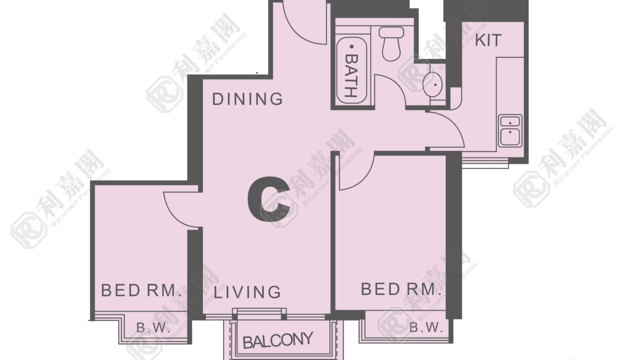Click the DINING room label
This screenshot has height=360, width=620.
pos(247,99)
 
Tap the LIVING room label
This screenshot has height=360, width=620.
pos(247,292)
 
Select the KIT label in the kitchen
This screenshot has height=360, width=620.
pos(488,40)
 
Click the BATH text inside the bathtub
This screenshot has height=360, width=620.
pos(351,75)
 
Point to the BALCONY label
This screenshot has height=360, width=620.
pos(278,340)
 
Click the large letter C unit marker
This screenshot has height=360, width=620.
pos(269,199)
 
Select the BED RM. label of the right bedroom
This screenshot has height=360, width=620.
pos(401,289)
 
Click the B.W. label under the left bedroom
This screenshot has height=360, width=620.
pos(153,327)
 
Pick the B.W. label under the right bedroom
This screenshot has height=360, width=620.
pos(426,327)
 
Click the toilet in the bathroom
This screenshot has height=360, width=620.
pos(391,43)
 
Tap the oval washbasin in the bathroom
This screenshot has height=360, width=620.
pos(432,84)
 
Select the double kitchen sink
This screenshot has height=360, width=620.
pos(510,130)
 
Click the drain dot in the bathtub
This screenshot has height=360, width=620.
pos(352,46)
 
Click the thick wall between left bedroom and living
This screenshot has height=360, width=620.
pos(195,274)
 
